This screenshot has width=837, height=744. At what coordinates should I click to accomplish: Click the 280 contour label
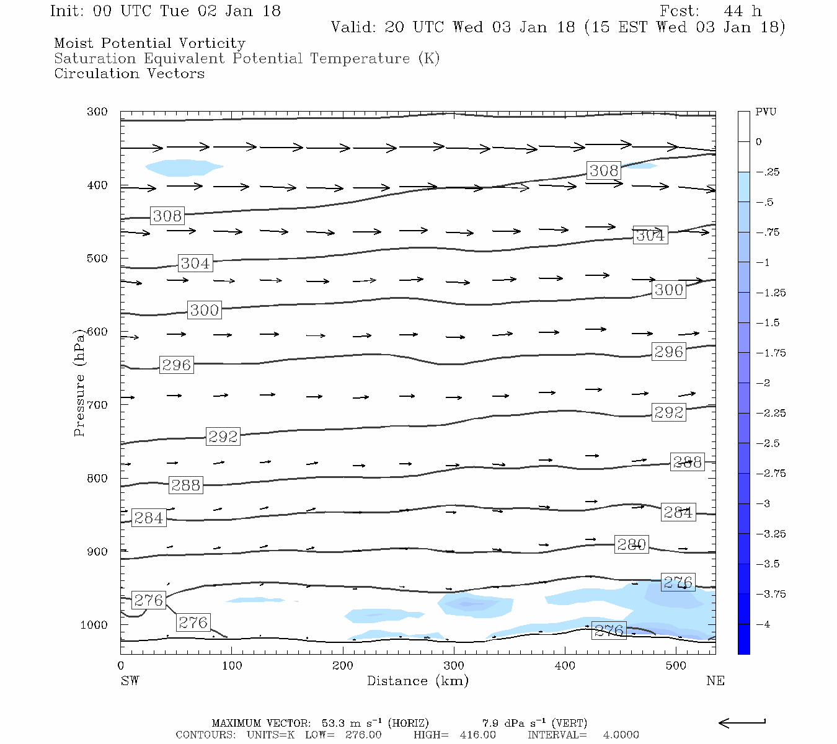tap(631, 544)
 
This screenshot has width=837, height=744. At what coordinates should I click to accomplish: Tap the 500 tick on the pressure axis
tap(97, 259)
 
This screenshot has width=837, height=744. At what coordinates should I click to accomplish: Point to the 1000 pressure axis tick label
tap(94, 625)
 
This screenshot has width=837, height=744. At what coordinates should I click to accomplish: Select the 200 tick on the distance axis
tap(342, 666)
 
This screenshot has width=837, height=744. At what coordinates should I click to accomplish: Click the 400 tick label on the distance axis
tap(565, 666)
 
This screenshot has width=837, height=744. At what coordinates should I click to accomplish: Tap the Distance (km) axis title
tap(417, 681)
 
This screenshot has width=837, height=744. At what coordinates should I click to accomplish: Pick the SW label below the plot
tap(130, 681)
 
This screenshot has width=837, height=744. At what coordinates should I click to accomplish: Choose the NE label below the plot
tap(715, 681)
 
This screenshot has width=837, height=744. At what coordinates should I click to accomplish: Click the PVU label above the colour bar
tap(766, 112)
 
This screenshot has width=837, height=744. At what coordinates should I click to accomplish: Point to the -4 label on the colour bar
tap(763, 624)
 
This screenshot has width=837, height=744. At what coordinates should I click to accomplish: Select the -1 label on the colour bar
tap(763, 262)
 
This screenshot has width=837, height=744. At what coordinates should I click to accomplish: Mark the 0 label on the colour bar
tap(759, 142)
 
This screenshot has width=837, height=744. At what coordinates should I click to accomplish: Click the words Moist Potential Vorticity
tap(149, 43)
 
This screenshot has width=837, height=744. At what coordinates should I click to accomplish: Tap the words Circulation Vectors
tap(129, 74)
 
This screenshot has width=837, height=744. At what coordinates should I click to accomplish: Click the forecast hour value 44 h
tap(742, 11)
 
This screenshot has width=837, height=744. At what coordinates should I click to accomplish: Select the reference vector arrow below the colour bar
tap(742, 722)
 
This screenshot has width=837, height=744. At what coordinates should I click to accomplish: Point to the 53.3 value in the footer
tap(334, 723)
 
